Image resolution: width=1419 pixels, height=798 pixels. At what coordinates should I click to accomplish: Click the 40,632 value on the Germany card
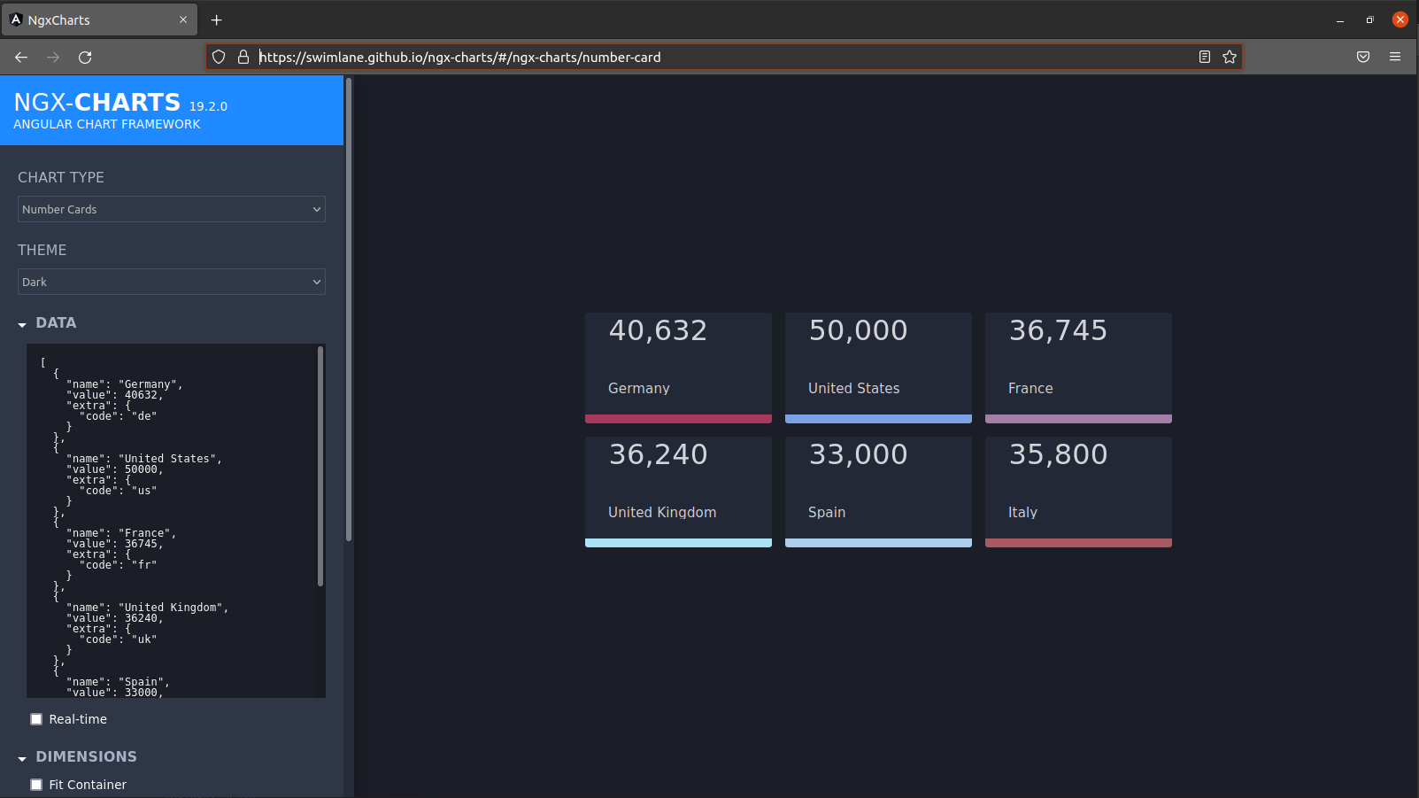click(x=658, y=331)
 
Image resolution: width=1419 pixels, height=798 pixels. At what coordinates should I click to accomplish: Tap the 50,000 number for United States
click(x=858, y=331)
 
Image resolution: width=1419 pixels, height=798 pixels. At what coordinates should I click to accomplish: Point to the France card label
click(x=1030, y=389)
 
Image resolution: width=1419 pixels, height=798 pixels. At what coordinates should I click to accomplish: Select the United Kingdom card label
click(x=662, y=513)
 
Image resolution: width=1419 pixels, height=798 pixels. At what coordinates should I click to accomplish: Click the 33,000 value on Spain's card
click(x=858, y=455)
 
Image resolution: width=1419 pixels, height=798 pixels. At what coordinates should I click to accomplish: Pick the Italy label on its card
click(x=1022, y=513)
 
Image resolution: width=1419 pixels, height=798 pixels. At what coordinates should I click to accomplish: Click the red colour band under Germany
click(x=678, y=419)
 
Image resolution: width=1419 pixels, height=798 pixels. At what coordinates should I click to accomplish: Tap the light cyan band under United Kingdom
click(x=678, y=543)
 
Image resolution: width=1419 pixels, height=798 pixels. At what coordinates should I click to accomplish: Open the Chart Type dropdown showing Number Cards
click(x=172, y=210)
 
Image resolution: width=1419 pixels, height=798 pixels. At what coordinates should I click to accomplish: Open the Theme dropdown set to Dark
click(x=172, y=283)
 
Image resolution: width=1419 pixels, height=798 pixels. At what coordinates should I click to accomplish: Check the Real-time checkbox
click(x=36, y=719)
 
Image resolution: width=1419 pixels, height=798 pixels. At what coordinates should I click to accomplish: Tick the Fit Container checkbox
click(x=36, y=785)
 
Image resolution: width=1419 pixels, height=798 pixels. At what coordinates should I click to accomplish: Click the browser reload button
click(x=85, y=58)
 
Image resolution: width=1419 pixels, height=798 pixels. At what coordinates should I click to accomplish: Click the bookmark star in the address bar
click(x=1230, y=58)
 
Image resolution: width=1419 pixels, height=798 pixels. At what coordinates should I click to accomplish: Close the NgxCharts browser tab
click(x=183, y=20)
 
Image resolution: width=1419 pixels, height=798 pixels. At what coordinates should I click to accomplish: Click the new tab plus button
click(x=217, y=20)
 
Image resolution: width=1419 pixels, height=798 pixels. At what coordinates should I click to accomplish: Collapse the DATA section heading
click(x=56, y=323)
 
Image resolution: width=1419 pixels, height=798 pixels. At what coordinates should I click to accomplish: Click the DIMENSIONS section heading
click(x=86, y=757)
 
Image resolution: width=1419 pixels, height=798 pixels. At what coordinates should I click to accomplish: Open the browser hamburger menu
click(x=1395, y=58)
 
